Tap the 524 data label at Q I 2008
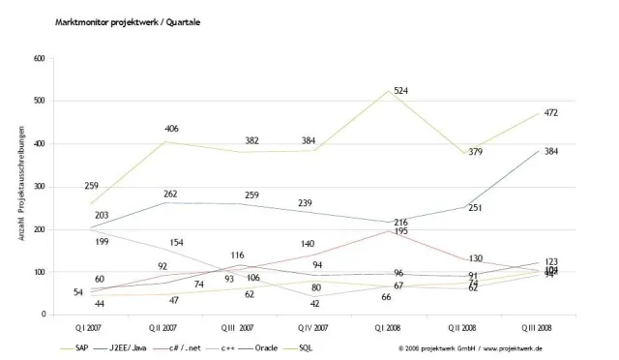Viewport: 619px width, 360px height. coord(426,92)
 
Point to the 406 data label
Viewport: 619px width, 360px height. coord(173,129)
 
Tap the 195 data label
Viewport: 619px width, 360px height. coord(427,231)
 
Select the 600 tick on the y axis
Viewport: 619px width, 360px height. coord(40,59)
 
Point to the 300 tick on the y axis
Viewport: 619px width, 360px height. coord(40,187)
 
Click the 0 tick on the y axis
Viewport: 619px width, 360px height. coord(44,315)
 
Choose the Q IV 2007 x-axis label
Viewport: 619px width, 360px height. coord(309,326)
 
